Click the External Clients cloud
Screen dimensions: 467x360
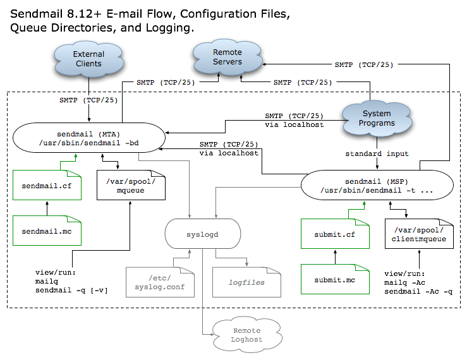(88, 59)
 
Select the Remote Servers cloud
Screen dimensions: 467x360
(227, 57)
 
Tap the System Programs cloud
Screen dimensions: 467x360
(377, 118)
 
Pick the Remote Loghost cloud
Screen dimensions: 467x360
(247, 335)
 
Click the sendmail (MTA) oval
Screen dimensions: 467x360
(88, 138)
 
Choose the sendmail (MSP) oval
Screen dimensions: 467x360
(377, 185)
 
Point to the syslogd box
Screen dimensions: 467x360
(202, 234)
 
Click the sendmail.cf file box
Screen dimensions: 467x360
(47, 185)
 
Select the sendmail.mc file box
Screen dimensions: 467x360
(47, 231)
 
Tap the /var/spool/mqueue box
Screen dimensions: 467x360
(131, 185)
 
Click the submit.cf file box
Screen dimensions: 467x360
(335, 234)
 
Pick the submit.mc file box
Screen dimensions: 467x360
(335, 279)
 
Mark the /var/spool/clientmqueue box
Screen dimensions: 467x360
(419, 234)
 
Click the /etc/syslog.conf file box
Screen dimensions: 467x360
(160, 282)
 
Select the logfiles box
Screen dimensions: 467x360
(246, 282)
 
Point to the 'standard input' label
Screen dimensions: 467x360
(377, 153)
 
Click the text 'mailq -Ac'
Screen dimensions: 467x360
(404, 282)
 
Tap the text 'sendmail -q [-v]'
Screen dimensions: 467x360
(71, 291)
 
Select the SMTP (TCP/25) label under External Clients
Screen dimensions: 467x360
(88, 100)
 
